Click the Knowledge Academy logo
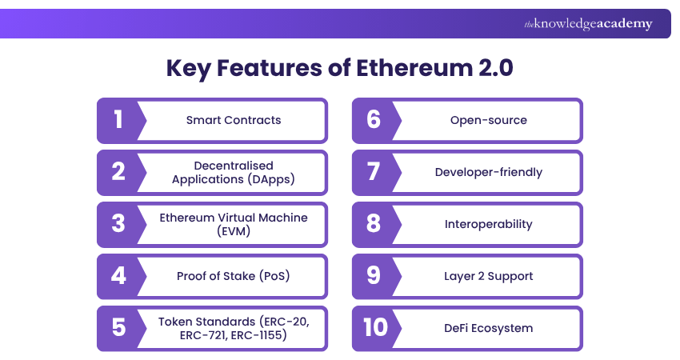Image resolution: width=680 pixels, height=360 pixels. (588, 24)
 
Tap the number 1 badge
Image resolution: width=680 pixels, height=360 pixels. (118, 120)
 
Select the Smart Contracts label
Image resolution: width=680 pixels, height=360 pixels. (234, 120)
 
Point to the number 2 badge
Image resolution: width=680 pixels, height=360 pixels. (118, 172)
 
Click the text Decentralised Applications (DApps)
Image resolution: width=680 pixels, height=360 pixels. (234, 172)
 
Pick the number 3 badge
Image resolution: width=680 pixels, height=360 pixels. (118, 224)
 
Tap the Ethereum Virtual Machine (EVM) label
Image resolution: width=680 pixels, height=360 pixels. (234, 224)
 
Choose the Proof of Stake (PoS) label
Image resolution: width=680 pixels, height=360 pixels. (234, 276)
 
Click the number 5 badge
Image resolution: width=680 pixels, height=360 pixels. (118, 328)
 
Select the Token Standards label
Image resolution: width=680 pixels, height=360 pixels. (234, 328)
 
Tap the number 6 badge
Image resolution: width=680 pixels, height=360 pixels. (373, 120)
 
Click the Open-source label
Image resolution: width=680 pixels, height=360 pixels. (489, 120)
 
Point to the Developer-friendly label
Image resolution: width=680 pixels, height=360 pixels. (489, 172)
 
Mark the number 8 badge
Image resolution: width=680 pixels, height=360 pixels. (373, 224)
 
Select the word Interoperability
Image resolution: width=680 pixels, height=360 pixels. (489, 224)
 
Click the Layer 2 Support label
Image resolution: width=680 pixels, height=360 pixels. (489, 276)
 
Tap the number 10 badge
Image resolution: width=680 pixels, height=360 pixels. (373, 328)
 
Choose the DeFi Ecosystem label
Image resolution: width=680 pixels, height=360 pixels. (489, 328)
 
